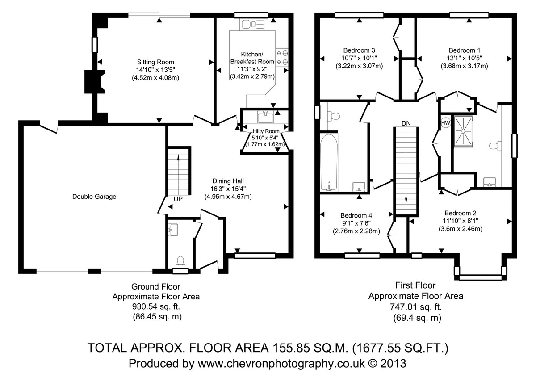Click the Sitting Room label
pyautogui.click(x=155, y=62)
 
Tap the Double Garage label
pyautogui.click(x=94, y=197)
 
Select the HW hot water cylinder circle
pyautogui.click(x=446, y=123)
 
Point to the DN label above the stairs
pyautogui.click(x=406, y=123)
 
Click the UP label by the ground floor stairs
pyautogui.click(x=178, y=199)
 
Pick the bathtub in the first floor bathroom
pyautogui.click(x=329, y=163)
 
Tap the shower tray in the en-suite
pyautogui.click(x=464, y=131)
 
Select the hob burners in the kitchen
pyautogui.click(x=282, y=58)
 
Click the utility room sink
pyautogui.click(x=266, y=117)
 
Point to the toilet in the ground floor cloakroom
pyautogui.click(x=180, y=262)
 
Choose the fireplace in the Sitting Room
pyautogui.click(x=95, y=82)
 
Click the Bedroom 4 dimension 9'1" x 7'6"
pyautogui.click(x=356, y=223)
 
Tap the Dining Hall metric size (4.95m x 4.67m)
pyautogui.click(x=228, y=197)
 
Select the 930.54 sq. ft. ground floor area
pyautogui.click(x=156, y=306)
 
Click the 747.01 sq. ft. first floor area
pyautogui.click(x=416, y=306)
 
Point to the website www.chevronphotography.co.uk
pyautogui.click(x=281, y=363)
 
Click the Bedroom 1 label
pyautogui.click(x=465, y=50)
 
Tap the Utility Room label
pyautogui.click(x=265, y=131)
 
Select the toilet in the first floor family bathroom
pyautogui.click(x=335, y=117)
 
